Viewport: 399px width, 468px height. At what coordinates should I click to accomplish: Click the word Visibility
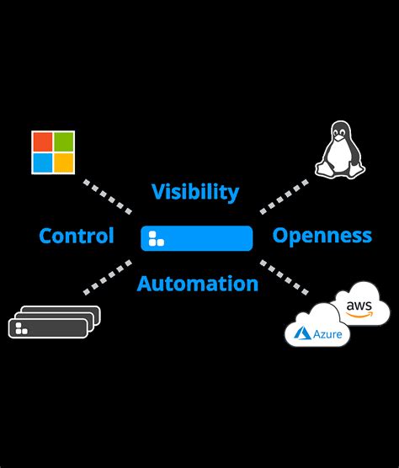pos(195,192)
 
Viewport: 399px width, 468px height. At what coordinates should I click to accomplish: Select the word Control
pos(77,237)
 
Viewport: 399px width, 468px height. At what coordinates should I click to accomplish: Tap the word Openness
pos(322,236)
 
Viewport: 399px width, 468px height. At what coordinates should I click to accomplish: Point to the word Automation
pos(197,284)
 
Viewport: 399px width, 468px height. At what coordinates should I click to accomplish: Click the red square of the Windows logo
pos(42,141)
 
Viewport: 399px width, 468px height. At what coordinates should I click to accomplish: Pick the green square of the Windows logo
pos(64,141)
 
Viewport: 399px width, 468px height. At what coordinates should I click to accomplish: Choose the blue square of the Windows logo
pos(42,162)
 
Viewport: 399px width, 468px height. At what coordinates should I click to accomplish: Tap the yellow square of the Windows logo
pos(64,162)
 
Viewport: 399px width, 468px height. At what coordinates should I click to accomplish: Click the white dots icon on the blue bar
pos(156,238)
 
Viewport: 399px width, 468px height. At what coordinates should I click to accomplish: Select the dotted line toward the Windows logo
pos(107,195)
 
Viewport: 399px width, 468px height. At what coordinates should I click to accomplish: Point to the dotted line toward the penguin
pos(285,195)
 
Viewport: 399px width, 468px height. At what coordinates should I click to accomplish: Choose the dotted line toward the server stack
pos(107,278)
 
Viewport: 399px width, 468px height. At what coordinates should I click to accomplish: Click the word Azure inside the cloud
pos(322,335)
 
